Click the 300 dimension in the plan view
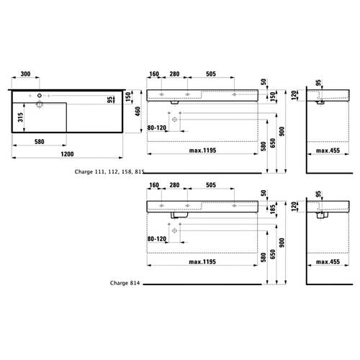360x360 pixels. pos(25,74)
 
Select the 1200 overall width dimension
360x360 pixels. pos(67,154)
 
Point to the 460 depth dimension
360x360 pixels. pos(138,112)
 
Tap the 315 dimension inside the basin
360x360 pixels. pos(20,117)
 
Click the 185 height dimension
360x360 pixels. pos(272,210)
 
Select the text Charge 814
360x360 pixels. pos(125,283)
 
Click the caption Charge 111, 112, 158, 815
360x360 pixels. pos(109,171)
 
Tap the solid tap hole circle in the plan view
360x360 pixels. pos(40,96)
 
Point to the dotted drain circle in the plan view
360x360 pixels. pos(40,104)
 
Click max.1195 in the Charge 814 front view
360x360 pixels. pos(202,261)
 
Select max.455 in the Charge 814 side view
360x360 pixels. pos(328,261)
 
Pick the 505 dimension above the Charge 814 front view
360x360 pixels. pos(211,185)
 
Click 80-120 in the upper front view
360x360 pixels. pos(157,128)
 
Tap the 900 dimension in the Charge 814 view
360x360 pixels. pos(282,243)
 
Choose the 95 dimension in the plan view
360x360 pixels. pos(109,99)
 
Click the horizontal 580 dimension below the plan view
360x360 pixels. pos(40,142)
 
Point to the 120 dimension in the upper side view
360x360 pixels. pos(294,96)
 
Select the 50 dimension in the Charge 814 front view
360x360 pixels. pos(264,193)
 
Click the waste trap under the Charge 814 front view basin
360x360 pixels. pos(179,215)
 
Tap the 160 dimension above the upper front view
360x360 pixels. pos(154,74)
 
